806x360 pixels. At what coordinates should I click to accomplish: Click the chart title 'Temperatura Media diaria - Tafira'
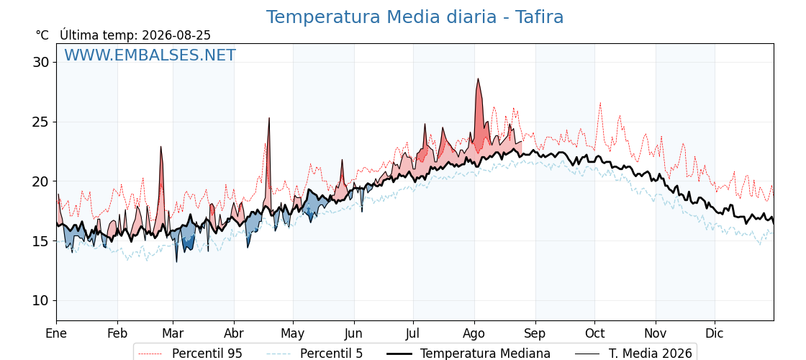415,17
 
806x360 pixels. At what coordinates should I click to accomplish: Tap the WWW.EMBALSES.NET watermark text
150,55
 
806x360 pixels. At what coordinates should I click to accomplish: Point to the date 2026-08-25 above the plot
176,35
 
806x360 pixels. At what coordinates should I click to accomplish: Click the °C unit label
42,35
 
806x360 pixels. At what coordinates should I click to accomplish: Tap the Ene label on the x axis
56,333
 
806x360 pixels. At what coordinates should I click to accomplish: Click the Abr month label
234,333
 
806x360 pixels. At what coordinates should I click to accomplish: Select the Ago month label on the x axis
474,334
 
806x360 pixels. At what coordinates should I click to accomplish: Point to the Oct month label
594,333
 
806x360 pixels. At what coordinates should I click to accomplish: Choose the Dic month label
715,333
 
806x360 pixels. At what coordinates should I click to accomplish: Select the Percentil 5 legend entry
315,354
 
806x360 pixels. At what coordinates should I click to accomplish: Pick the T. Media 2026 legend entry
633,354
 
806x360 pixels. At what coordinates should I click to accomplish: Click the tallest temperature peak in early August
478,78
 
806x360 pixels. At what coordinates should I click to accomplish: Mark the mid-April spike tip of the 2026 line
269,118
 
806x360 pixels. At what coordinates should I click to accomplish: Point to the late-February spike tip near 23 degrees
161,147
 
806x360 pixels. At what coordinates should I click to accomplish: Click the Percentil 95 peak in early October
600,103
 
